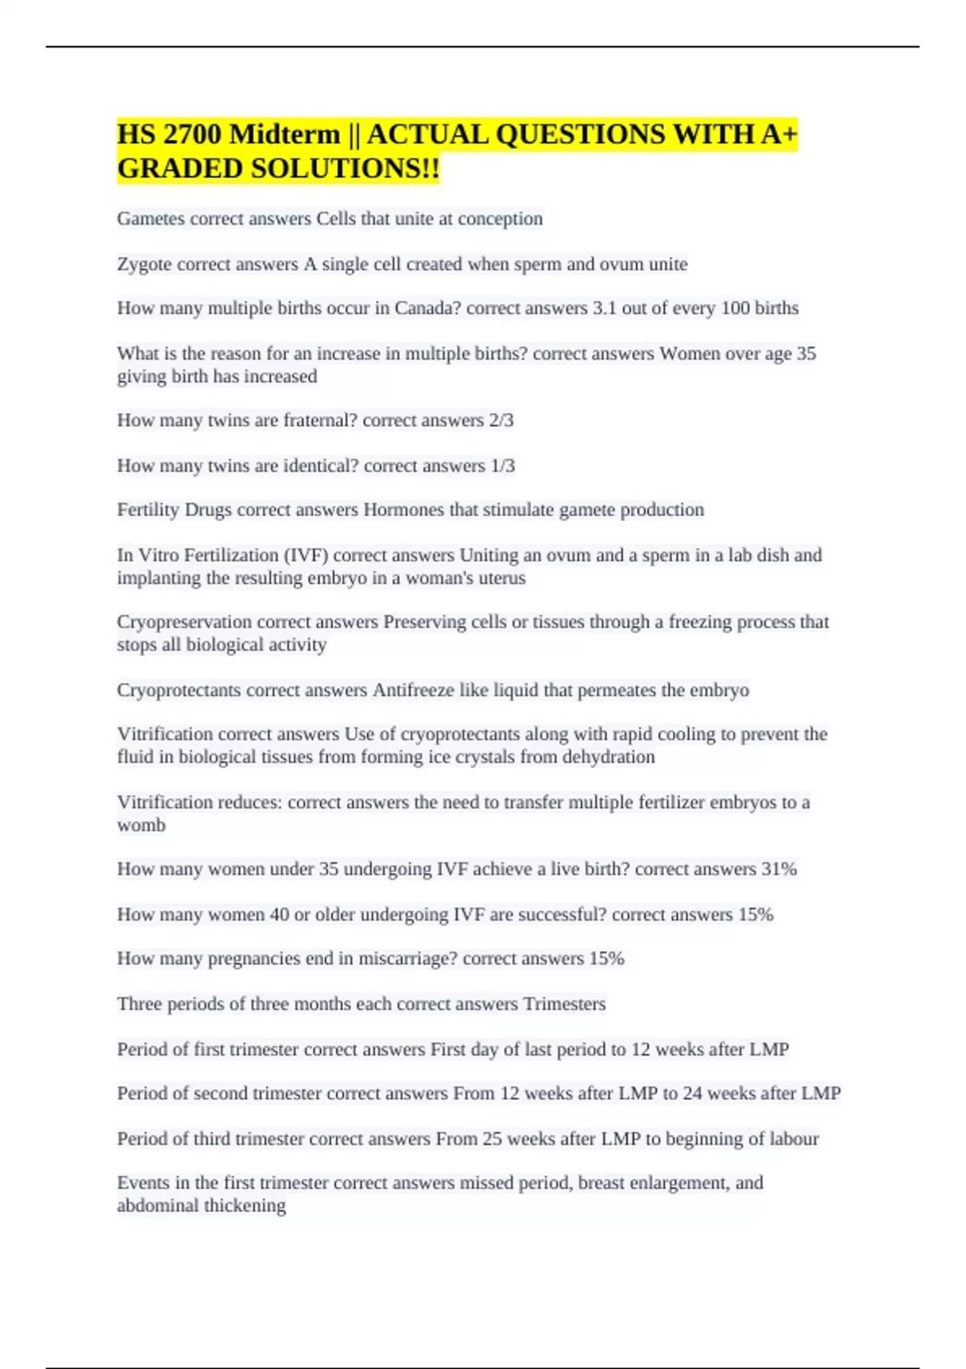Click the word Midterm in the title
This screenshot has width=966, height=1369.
284,134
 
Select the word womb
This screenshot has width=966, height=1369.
141,825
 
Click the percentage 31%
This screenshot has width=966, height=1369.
778,870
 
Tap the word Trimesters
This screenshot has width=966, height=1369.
564,1004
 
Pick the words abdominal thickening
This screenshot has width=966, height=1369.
201,1206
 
